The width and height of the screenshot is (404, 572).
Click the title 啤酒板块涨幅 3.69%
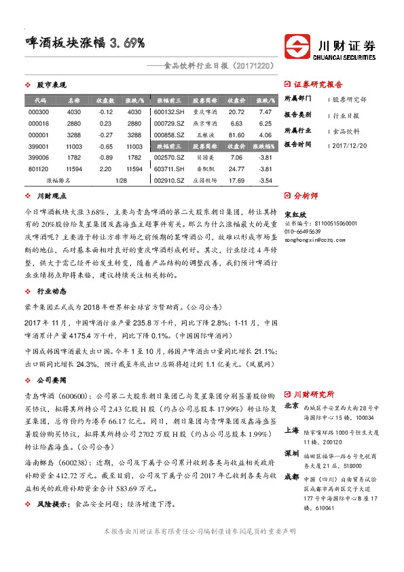click(81, 43)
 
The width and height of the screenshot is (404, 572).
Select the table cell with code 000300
click(37, 111)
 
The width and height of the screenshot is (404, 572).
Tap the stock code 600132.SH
click(169, 111)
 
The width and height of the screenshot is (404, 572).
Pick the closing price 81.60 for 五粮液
click(236, 135)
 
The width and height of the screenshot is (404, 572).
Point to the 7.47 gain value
click(265, 111)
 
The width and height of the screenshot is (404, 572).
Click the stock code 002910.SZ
click(169, 181)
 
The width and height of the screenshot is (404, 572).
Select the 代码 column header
click(39, 100)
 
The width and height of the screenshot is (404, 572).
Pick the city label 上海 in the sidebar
click(291, 430)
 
